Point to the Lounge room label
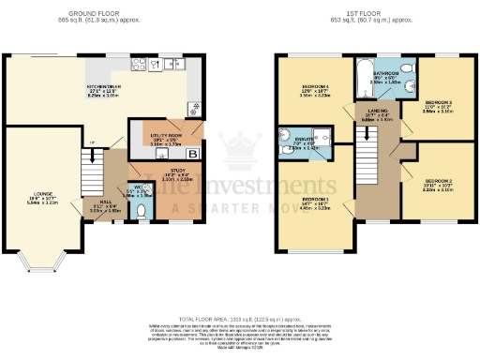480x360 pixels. (x=32, y=199)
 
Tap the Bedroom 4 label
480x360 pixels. (x=312, y=92)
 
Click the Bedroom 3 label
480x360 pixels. (x=441, y=106)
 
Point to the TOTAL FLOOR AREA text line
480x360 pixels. (x=240, y=318)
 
